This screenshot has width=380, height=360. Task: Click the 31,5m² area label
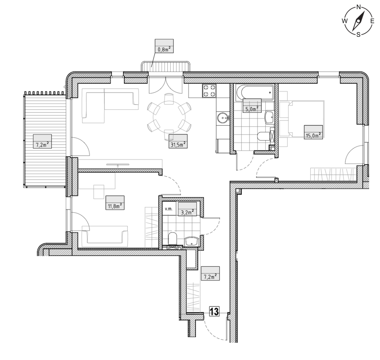[x=178, y=145]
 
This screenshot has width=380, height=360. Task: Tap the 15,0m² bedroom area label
[x=313, y=135]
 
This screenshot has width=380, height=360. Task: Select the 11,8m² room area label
[x=115, y=206]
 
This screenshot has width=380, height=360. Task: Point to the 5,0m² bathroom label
[x=252, y=109]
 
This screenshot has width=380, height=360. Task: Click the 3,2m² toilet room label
[x=187, y=212]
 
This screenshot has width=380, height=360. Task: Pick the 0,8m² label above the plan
[x=164, y=50]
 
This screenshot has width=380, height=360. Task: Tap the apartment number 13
[x=214, y=311]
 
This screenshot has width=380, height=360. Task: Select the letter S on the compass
[x=358, y=35]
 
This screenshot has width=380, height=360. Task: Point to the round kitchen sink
[x=223, y=118]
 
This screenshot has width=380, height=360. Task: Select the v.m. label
[x=168, y=209]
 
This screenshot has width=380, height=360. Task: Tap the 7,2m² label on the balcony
[x=42, y=145]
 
